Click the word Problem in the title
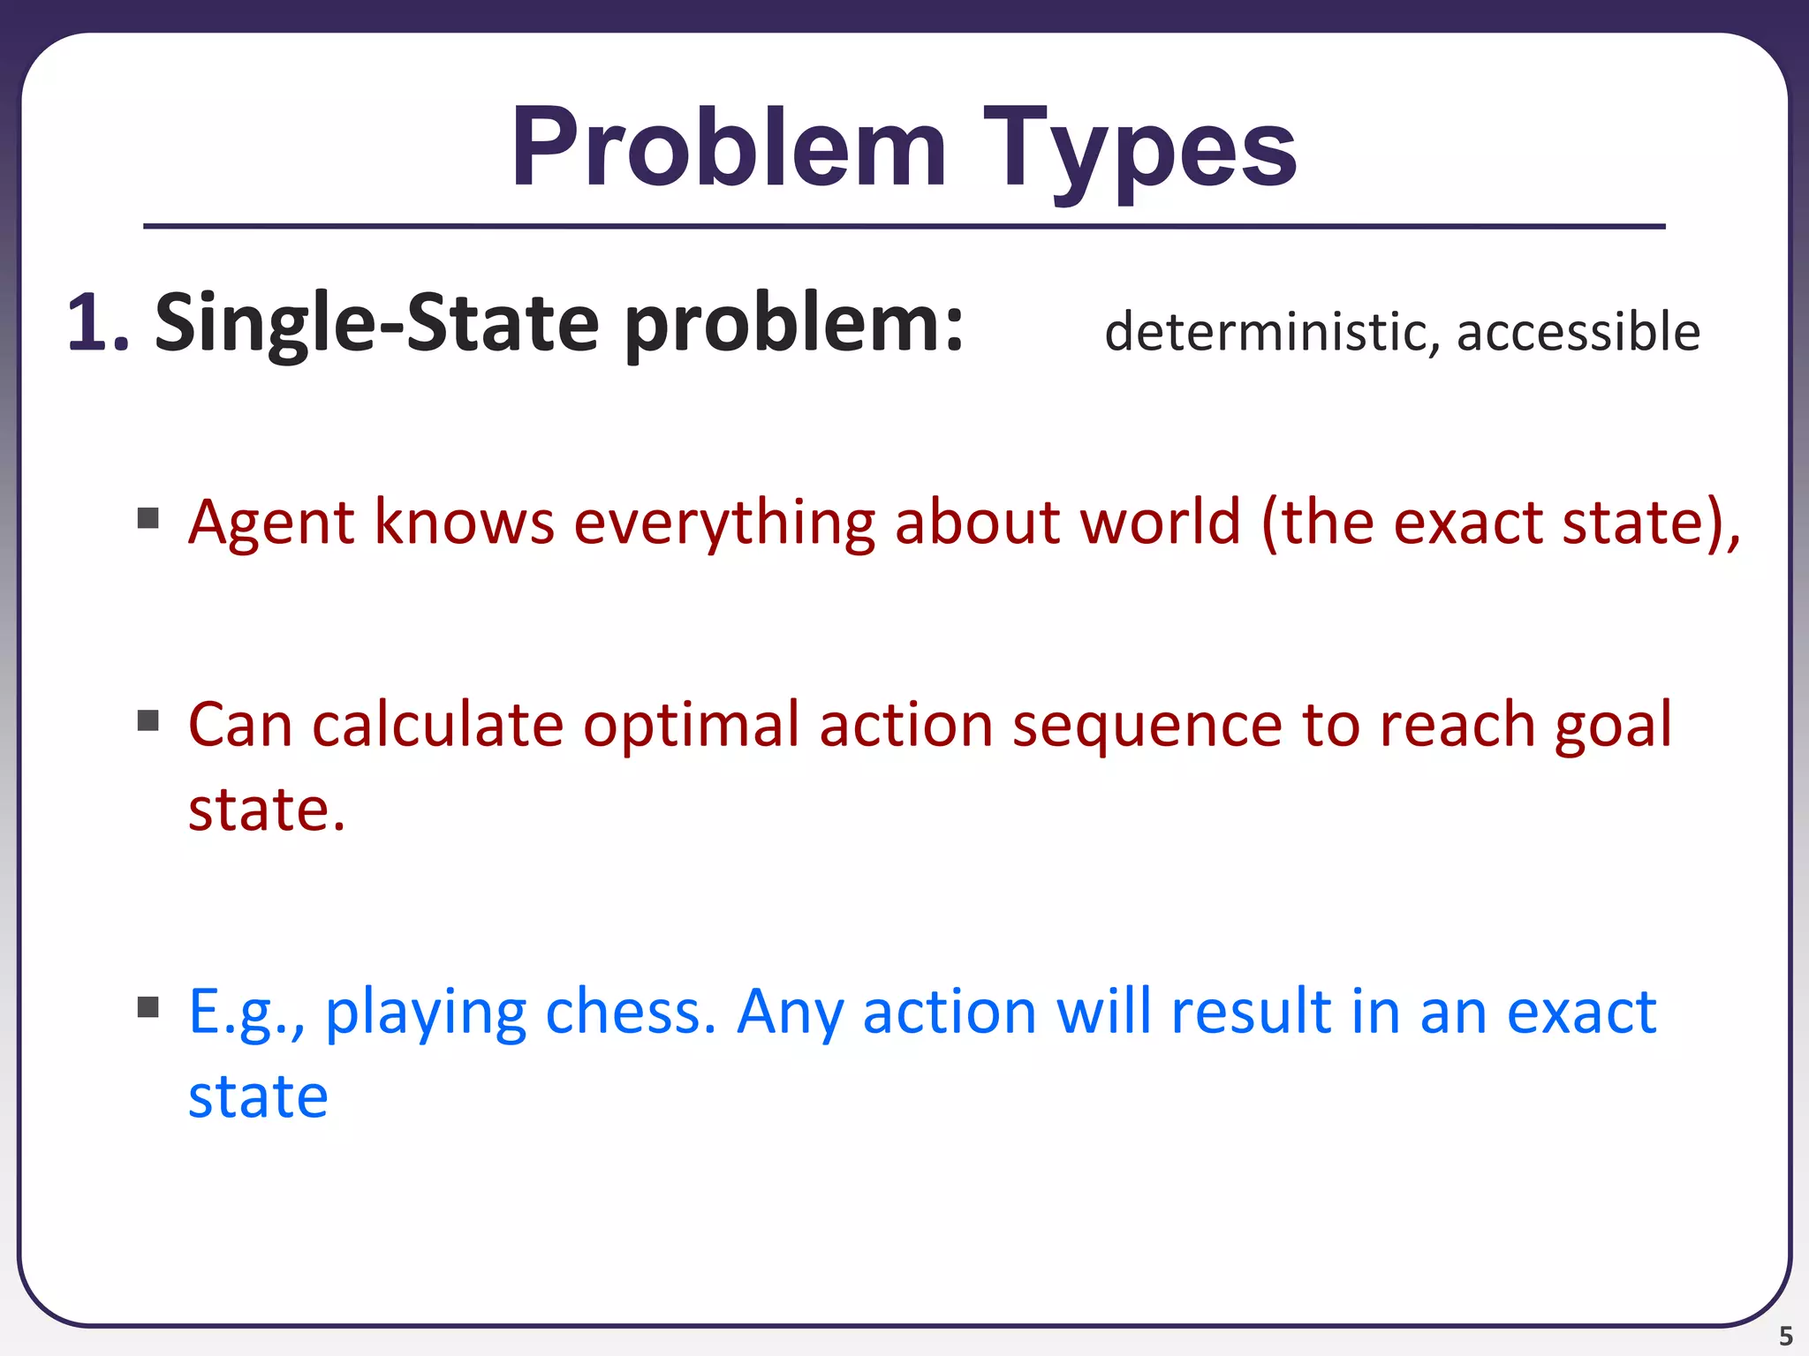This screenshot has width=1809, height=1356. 729,148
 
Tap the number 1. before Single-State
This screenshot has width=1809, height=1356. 97,323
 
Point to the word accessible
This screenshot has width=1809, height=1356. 1578,332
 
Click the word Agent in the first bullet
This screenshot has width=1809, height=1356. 271,523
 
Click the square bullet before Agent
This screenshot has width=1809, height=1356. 148,517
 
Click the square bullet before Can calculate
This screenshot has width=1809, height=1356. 148,720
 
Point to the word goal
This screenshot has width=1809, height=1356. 1613,726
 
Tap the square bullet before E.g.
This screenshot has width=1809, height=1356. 148,1006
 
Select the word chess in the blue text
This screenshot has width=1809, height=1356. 629,1012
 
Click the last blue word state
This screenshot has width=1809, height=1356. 258,1096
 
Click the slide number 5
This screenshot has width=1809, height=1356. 1785,1336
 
